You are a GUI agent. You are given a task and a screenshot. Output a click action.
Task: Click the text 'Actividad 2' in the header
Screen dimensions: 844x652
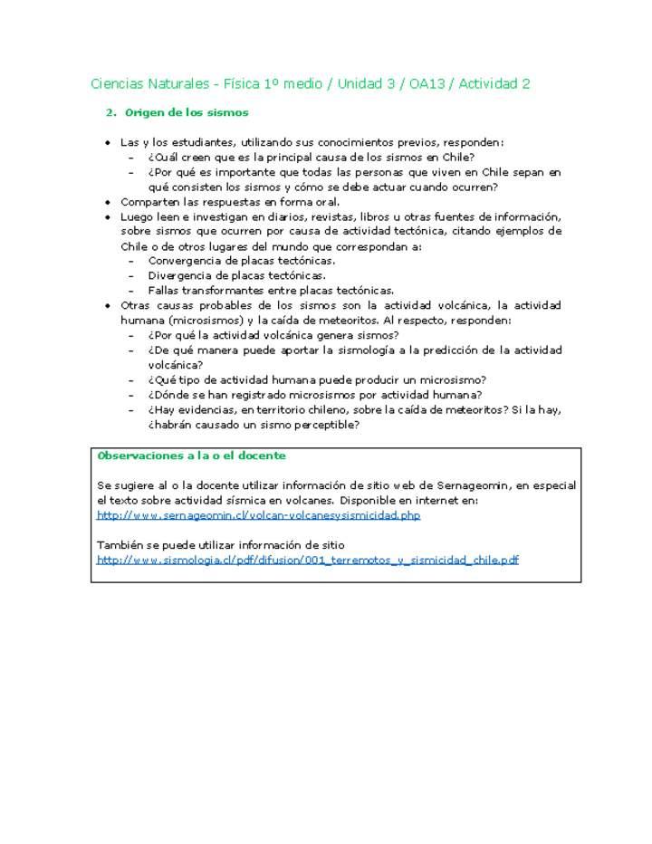(x=494, y=84)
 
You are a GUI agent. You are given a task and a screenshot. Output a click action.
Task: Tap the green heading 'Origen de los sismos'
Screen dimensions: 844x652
(x=187, y=113)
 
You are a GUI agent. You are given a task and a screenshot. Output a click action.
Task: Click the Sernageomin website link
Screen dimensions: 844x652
(x=258, y=515)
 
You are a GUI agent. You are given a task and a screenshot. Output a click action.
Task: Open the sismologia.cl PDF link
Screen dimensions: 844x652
(x=307, y=560)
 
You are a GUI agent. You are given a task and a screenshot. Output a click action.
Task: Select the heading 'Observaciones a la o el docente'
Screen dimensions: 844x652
(x=191, y=456)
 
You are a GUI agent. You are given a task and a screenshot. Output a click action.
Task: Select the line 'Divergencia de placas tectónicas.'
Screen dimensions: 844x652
(x=236, y=275)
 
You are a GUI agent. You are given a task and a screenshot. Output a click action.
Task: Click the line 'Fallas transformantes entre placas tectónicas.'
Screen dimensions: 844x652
(x=271, y=291)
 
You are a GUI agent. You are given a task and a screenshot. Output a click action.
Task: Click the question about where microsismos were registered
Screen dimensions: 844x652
(x=314, y=394)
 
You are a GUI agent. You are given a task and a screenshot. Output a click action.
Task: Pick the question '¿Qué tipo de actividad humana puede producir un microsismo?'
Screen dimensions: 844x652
(x=317, y=379)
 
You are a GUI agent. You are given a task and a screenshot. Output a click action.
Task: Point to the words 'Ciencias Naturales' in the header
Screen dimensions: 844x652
(x=148, y=84)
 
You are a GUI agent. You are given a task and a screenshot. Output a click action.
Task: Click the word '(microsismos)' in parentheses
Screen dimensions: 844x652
(x=206, y=321)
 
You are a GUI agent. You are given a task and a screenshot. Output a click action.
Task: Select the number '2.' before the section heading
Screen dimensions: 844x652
(x=111, y=113)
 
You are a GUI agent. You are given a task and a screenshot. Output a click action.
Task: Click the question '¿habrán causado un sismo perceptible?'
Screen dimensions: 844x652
(x=254, y=424)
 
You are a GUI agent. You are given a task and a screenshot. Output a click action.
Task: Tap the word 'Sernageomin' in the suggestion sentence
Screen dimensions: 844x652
(x=495, y=486)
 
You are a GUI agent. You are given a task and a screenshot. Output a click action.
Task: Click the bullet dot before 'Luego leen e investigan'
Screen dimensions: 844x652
(x=109, y=217)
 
